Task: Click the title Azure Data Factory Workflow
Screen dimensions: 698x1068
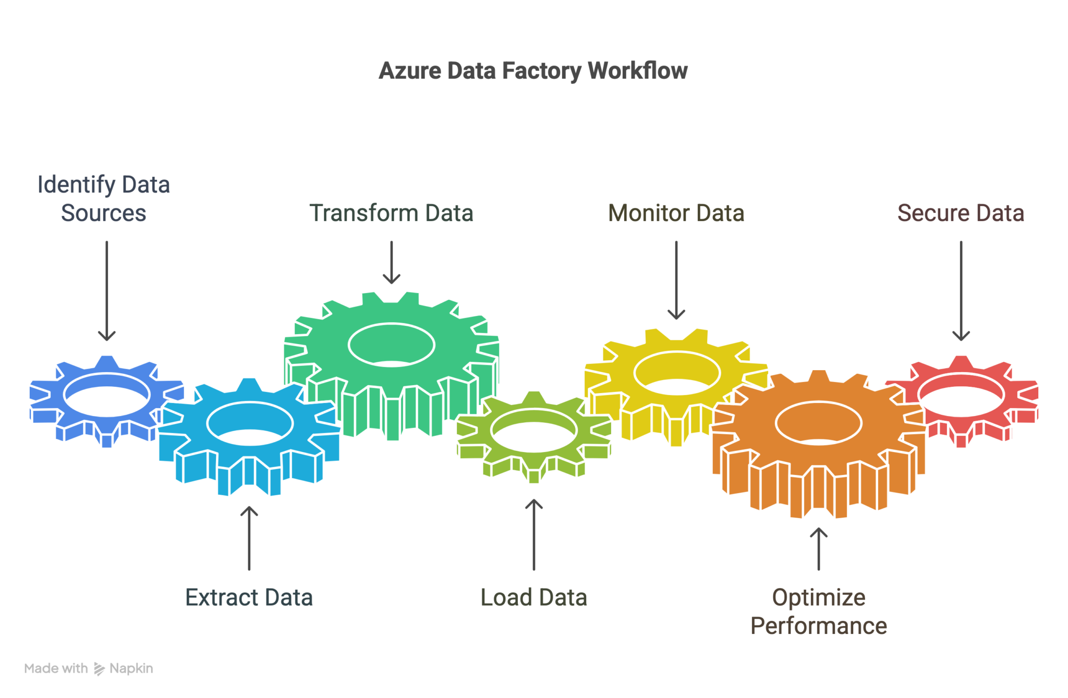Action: pos(533,71)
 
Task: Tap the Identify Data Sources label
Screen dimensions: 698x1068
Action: pos(103,199)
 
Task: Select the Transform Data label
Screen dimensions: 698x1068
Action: pos(391,213)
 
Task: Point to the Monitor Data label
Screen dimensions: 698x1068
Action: pos(676,213)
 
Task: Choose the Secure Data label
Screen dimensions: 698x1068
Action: pos(961,213)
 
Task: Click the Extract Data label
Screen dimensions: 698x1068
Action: pos(249,597)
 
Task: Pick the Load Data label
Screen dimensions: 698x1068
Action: pos(533,597)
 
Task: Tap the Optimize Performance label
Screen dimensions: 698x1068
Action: pos(818,611)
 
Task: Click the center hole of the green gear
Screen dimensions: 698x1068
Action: pos(391,345)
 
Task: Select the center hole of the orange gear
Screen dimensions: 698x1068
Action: pos(818,423)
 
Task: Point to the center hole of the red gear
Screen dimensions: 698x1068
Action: pos(961,395)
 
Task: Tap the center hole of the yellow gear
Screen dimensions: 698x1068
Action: pos(676,373)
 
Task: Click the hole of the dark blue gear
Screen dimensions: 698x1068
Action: pos(107,395)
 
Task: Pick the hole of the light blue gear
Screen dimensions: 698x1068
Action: pos(250,423)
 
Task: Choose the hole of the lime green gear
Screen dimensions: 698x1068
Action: pos(533,431)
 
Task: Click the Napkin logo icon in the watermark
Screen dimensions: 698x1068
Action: pos(99,669)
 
